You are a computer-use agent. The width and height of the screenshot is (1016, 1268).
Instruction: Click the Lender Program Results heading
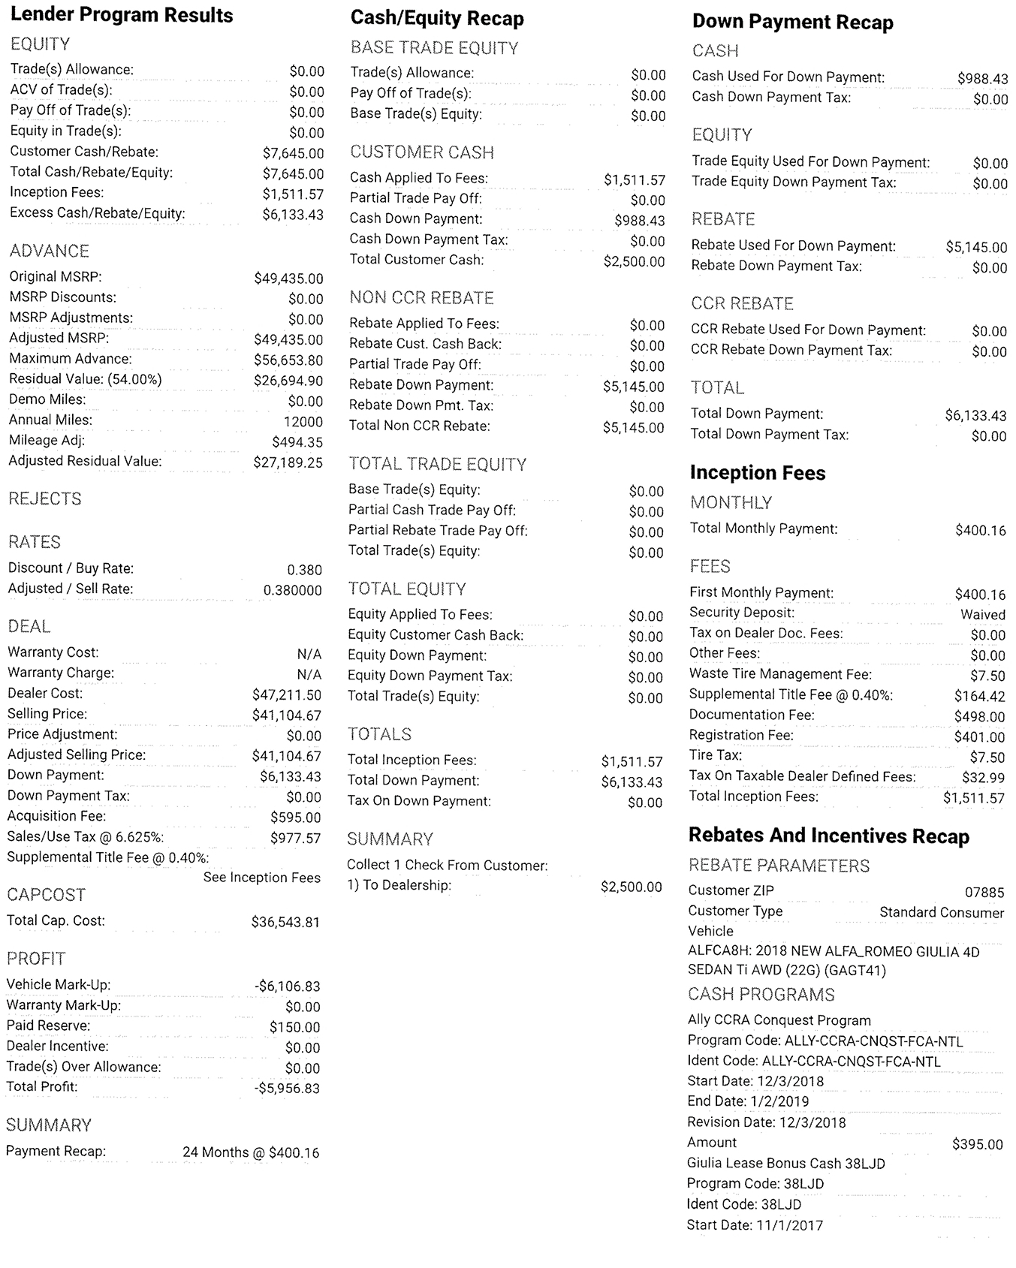click(122, 16)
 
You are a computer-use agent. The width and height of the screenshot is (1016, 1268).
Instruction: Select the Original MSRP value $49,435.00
click(288, 279)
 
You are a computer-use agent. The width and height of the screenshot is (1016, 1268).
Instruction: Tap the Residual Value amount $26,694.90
click(288, 381)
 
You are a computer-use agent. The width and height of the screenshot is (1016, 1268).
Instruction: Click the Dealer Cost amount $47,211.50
click(287, 695)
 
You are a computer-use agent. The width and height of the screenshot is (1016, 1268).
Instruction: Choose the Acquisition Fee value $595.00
click(295, 818)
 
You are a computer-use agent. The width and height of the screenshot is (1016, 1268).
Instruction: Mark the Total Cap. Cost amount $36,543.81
click(285, 922)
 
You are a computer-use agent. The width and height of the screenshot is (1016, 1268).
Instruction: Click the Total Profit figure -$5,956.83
click(287, 1089)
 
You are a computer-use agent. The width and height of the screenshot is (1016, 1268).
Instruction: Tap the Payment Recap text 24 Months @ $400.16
click(251, 1152)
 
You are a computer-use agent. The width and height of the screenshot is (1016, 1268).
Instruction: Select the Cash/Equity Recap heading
click(437, 19)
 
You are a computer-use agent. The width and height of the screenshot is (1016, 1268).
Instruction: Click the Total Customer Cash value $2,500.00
click(634, 262)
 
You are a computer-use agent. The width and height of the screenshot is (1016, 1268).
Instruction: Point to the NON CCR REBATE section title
click(421, 298)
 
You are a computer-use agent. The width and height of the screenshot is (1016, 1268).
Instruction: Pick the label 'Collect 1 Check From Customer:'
click(447, 866)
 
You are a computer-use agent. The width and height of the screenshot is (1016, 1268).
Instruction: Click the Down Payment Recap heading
click(792, 23)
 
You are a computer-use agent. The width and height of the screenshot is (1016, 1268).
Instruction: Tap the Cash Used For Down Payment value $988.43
click(982, 79)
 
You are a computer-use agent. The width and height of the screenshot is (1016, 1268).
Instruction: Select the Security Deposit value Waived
click(982, 615)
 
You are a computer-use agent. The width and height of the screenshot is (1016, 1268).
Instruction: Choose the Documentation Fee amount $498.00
click(979, 717)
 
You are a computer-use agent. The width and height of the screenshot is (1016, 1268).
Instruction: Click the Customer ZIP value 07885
click(984, 893)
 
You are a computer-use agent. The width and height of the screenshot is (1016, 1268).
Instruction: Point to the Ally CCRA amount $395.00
click(977, 1145)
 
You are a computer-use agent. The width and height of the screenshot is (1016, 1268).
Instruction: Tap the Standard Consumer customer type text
click(941, 913)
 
